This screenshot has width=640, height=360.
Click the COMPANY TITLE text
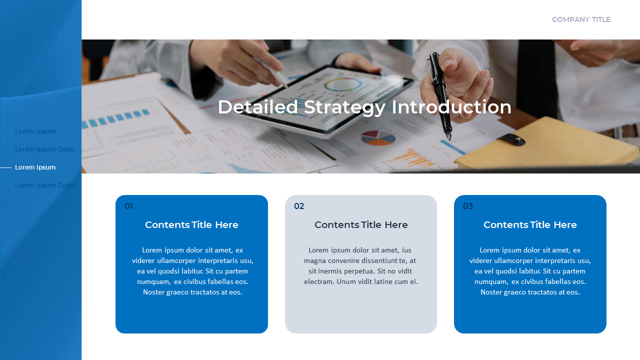[x=581, y=19]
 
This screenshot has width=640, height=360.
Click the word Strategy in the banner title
[x=344, y=107]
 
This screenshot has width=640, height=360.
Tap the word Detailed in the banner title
[x=257, y=107]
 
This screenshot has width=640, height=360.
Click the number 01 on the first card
[x=128, y=206]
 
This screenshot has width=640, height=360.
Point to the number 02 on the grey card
[x=299, y=206]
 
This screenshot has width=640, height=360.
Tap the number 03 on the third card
[x=468, y=206]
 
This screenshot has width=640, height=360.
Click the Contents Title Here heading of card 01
[x=191, y=225]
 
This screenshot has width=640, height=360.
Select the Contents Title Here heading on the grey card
[x=361, y=225]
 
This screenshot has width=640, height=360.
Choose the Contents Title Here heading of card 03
[x=530, y=225]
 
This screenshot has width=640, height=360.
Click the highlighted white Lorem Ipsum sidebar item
[x=35, y=167]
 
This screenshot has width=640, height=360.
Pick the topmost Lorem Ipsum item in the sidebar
[x=35, y=131]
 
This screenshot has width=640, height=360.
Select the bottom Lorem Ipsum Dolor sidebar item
[x=45, y=185]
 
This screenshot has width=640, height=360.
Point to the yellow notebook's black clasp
[x=511, y=139]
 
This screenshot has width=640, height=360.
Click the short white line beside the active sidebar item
[x=6, y=167]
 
